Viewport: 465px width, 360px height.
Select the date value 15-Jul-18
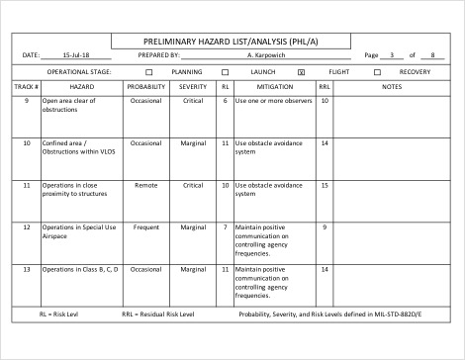pos(75,55)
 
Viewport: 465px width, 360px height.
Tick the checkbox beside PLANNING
pos(149,72)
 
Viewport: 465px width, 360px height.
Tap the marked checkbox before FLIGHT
pos(301,72)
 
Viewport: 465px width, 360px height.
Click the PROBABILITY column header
pos(146,87)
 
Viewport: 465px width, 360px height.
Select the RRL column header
pos(324,87)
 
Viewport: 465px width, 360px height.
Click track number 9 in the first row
pos(26,101)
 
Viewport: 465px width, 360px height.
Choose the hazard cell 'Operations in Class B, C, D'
pos(79,269)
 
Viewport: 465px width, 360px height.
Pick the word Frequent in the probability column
pos(146,227)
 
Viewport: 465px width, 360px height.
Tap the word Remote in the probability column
pos(146,185)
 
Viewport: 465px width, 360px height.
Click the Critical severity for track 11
pos(193,185)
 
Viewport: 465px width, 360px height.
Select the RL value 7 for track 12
pos(225,227)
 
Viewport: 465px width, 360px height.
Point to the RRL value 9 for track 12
pos(324,227)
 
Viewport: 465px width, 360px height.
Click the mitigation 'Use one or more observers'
pos(273,101)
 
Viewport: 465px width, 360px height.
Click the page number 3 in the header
pos(394,55)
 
